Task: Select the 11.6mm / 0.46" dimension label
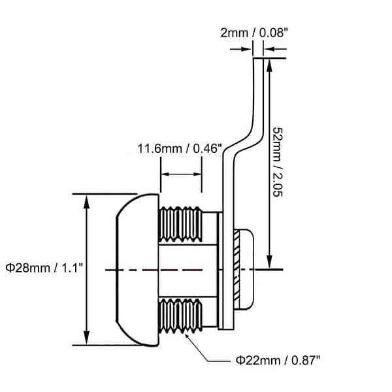[x=180, y=148]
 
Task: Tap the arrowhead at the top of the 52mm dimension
[x=268, y=63]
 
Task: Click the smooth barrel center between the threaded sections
[x=186, y=270]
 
